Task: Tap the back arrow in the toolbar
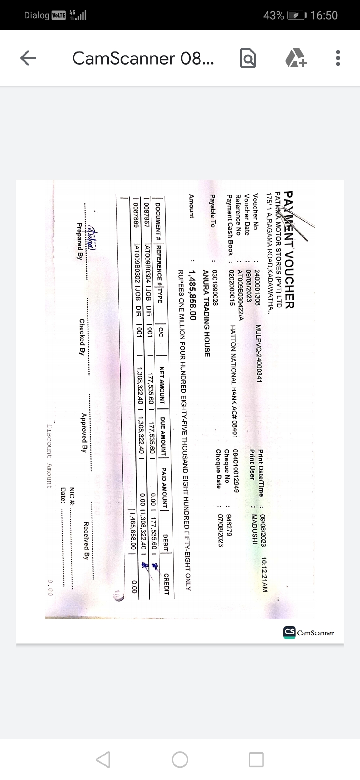[x=28, y=58]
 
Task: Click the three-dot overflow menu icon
[x=337, y=58]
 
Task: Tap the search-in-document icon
[x=248, y=58]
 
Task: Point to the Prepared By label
[x=80, y=241]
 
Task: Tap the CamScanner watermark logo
[x=309, y=633]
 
